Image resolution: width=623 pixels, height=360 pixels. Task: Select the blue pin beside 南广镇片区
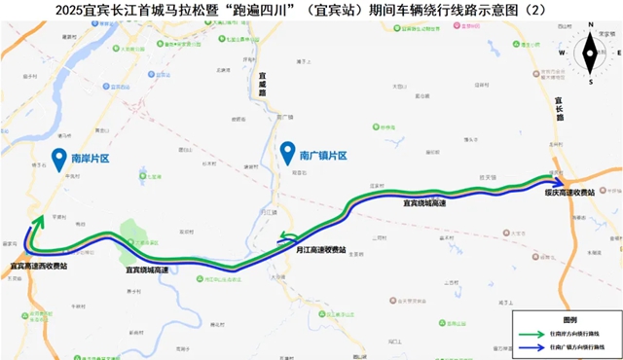[287, 153]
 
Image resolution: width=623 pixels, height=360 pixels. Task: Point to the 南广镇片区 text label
[323, 155]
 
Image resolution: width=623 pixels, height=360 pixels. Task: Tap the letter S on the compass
[590, 82]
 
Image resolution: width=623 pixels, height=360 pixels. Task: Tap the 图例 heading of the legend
[569, 318]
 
